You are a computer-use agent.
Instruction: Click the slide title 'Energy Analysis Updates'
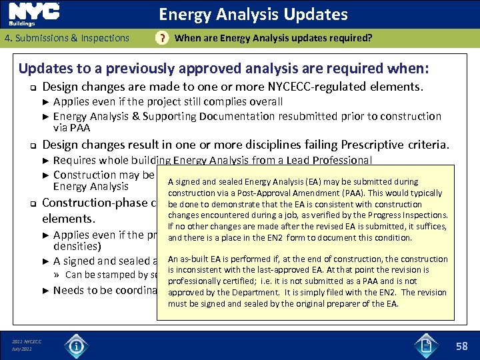pyautogui.click(x=253, y=14)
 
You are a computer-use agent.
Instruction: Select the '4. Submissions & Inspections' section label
pyautogui.click(x=67, y=38)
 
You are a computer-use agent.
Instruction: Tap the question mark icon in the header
pyautogui.click(x=161, y=39)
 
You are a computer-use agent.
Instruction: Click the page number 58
pyautogui.click(x=461, y=345)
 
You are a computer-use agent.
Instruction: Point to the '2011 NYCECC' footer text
pyautogui.click(x=27, y=342)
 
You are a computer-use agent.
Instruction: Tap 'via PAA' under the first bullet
pyautogui.click(x=71, y=127)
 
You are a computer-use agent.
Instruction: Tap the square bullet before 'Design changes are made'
pyautogui.click(x=30, y=87)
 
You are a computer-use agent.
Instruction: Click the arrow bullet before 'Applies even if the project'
pyautogui.click(x=45, y=102)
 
